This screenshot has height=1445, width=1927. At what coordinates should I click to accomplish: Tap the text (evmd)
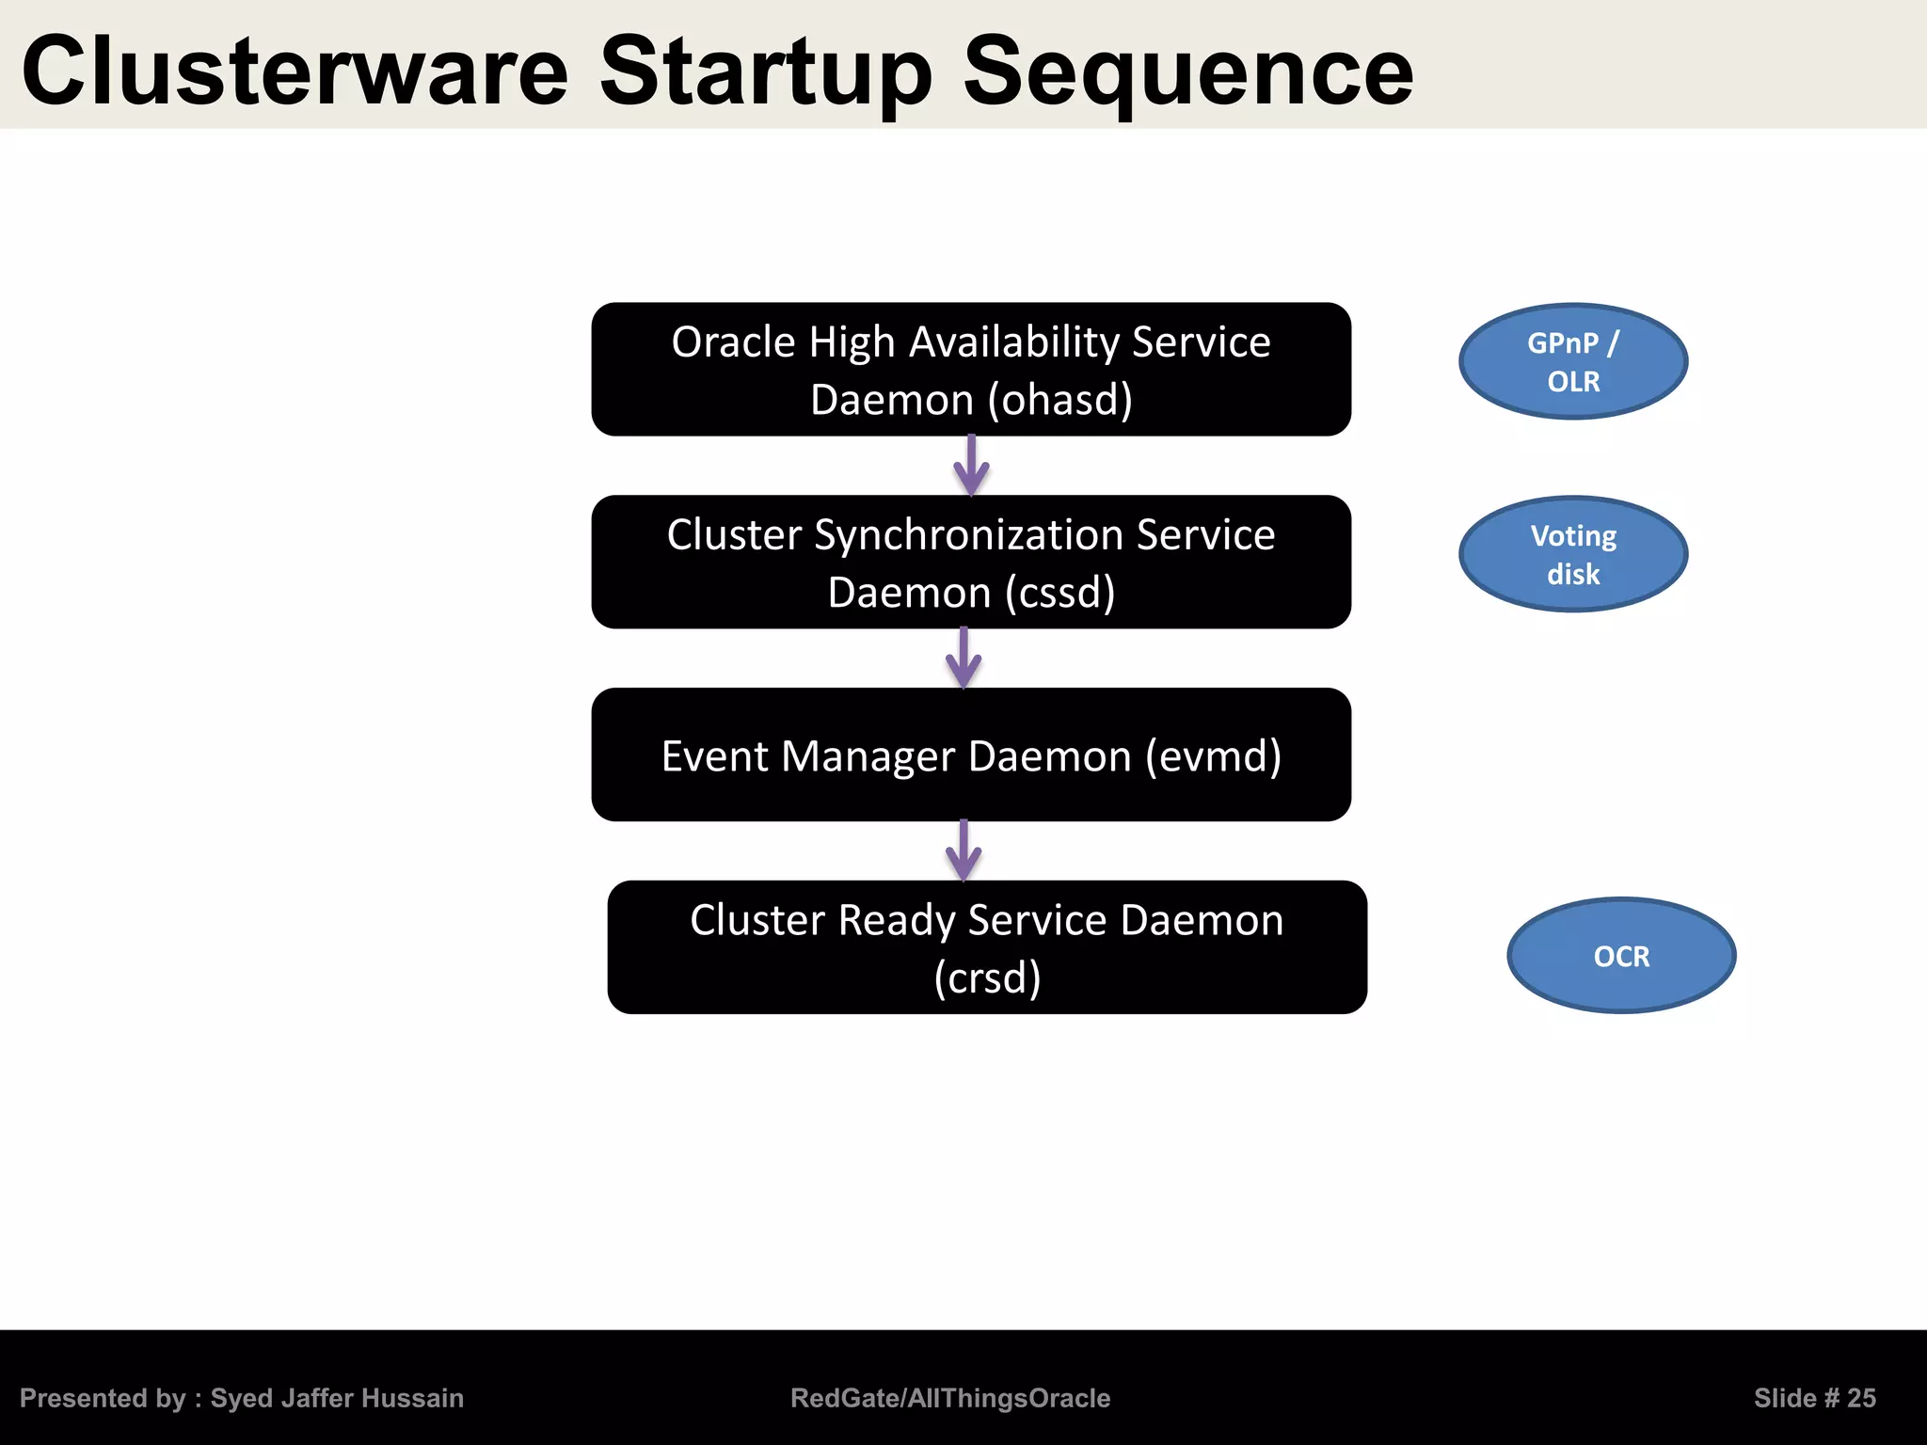[1213, 756]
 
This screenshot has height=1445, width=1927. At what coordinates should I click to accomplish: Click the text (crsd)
[987, 978]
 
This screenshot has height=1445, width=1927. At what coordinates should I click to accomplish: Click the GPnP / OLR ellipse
[1573, 361]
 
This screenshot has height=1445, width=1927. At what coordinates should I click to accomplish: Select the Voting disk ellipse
[1573, 554]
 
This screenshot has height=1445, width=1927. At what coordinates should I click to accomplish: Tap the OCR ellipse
[1621, 956]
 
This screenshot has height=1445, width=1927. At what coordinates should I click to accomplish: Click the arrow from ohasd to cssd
[971, 466]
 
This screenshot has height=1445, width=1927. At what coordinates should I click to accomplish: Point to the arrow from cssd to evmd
[963, 659]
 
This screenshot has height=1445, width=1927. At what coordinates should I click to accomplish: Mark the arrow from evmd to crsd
[963, 850]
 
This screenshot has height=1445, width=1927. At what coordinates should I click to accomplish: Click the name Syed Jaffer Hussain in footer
[337, 1398]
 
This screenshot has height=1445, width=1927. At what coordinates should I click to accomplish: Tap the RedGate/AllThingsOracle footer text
[950, 1398]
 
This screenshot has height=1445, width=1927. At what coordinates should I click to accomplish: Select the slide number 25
[1860, 1398]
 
